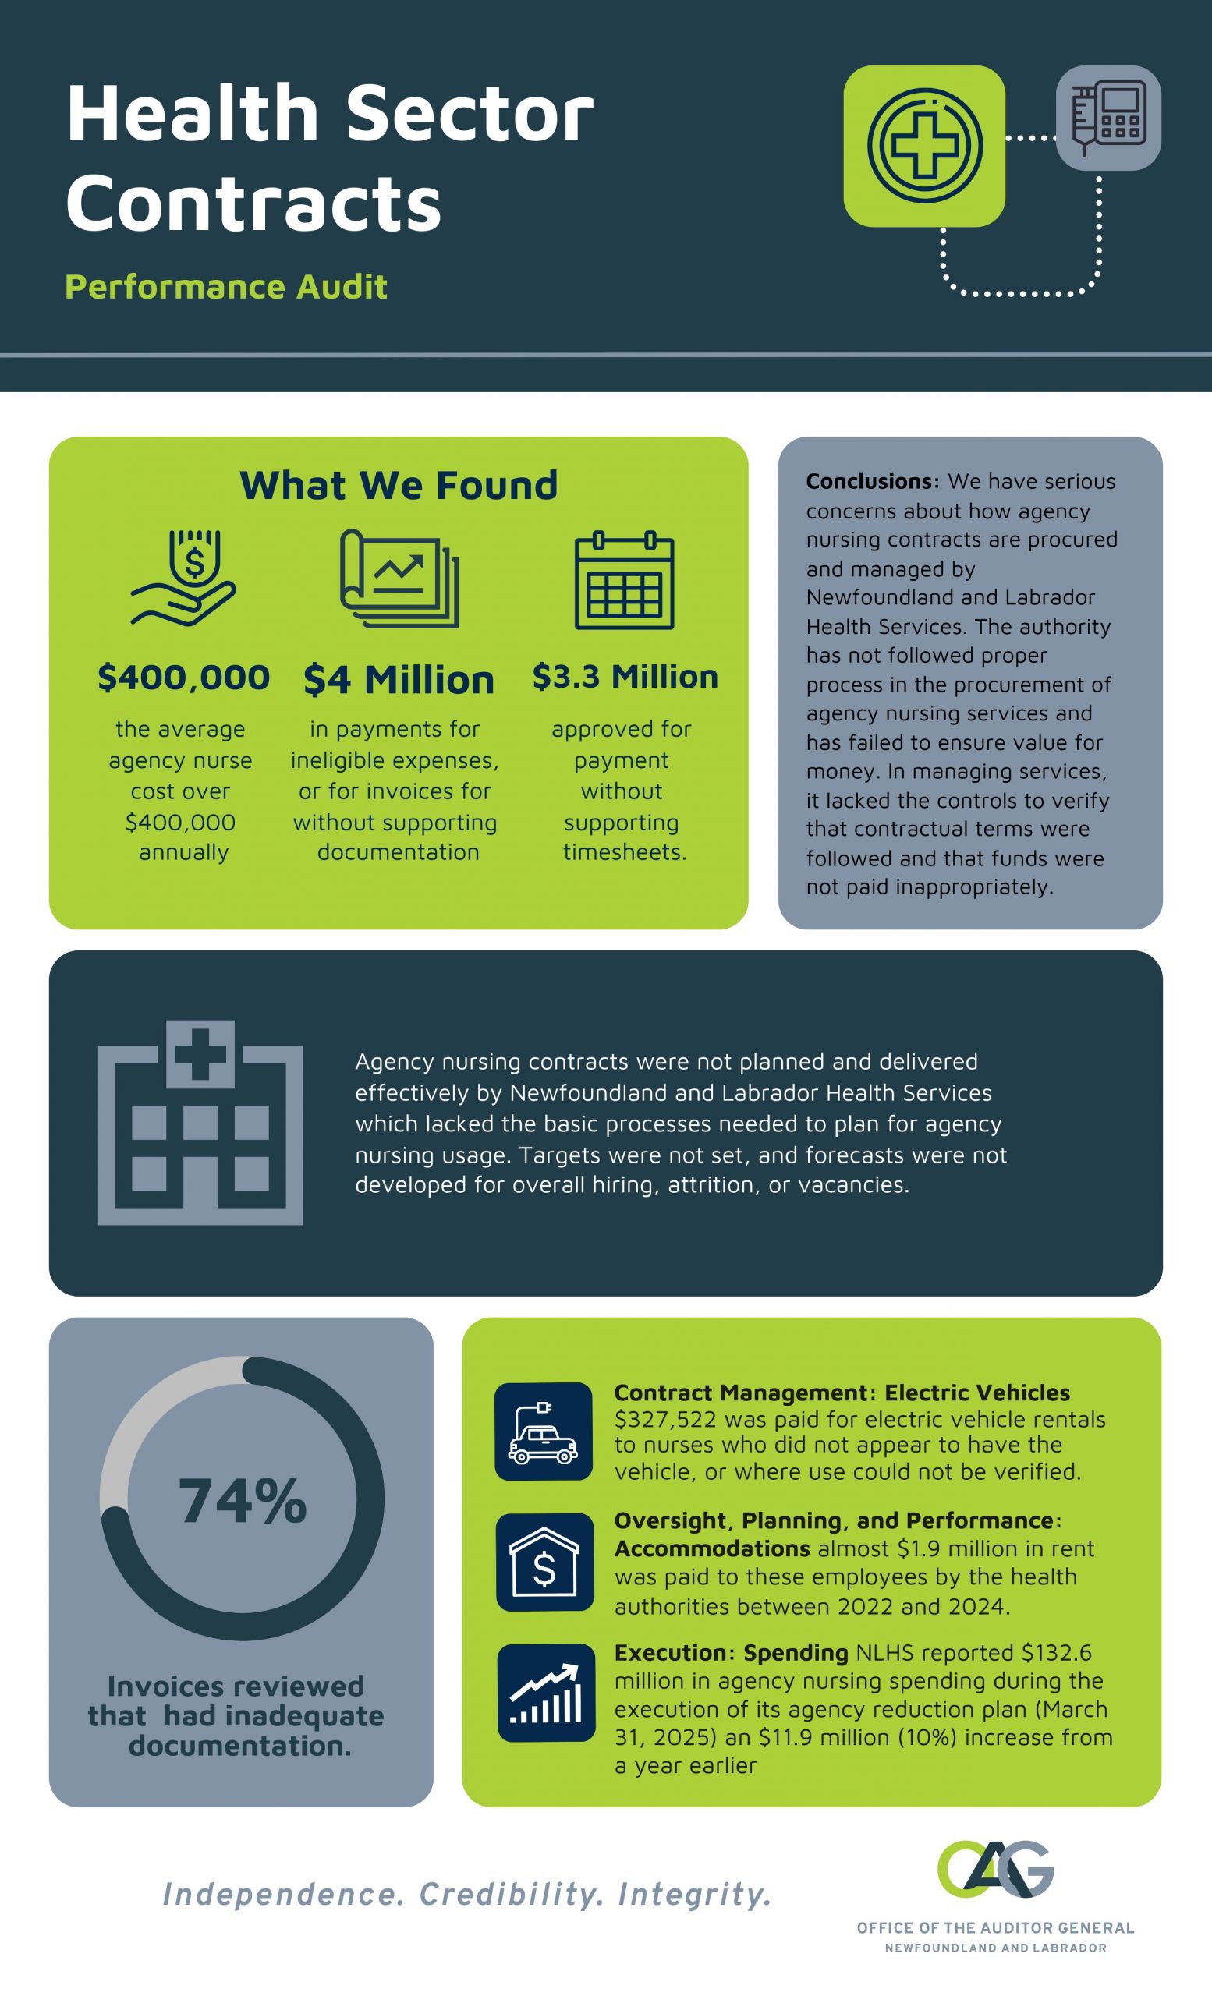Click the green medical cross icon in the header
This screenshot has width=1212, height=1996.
pyautogui.click(x=924, y=146)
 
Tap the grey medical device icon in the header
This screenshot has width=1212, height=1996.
pyautogui.click(x=1108, y=119)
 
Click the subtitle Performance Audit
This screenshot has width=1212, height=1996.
pyautogui.click(x=226, y=287)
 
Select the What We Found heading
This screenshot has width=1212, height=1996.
pyautogui.click(x=399, y=485)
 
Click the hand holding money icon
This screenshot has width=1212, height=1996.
pyautogui.click(x=185, y=578)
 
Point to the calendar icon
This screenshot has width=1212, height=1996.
pyautogui.click(x=624, y=580)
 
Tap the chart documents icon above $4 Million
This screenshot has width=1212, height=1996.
pyautogui.click(x=399, y=579)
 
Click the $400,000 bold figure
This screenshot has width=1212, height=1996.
pyautogui.click(x=184, y=678)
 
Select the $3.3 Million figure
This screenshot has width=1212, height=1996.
pyautogui.click(x=625, y=677)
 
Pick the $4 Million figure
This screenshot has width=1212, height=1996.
pyautogui.click(x=399, y=679)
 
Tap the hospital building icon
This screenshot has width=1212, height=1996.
pyautogui.click(x=200, y=1122)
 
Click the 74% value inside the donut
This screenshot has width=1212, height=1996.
pyautogui.click(x=243, y=1502)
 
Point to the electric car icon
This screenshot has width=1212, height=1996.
pyautogui.click(x=544, y=1432)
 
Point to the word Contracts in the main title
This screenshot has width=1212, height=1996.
pyautogui.click(x=254, y=203)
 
